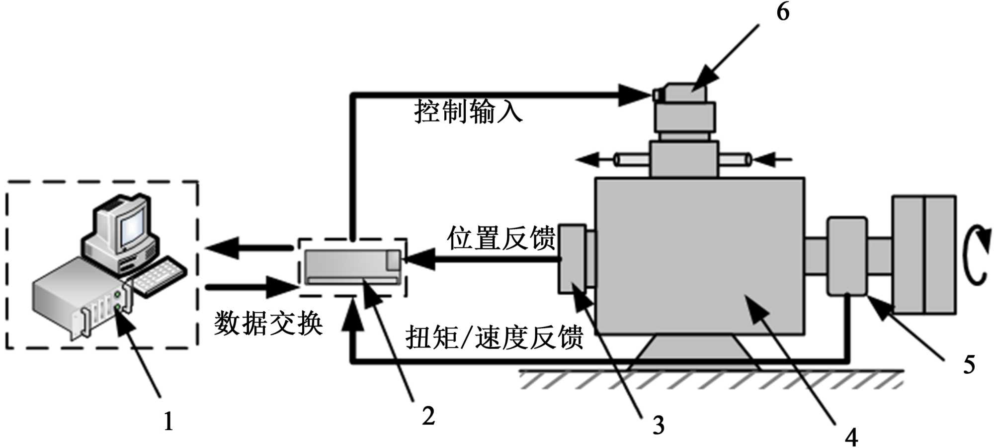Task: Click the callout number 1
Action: coord(168,422)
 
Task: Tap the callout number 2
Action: coord(428,416)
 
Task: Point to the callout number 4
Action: coord(851,437)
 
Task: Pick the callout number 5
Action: coord(969,365)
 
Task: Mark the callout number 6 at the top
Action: coord(783,11)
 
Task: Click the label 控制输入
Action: coord(468,111)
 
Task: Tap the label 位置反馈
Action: coord(501,238)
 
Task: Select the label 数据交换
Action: coord(268,324)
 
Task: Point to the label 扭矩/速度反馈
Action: coord(494,338)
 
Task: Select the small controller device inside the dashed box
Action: coord(352,267)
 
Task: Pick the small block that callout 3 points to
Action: coord(572,259)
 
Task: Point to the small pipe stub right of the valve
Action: coord(735,160)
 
